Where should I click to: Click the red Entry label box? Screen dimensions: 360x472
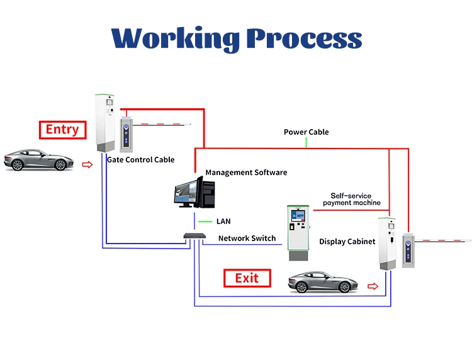pyautogui.click(x=62, y=130)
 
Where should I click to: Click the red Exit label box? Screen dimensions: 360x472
pyautogui.click(x=247, y=278)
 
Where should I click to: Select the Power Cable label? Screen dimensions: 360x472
pyautogui.click(x=306, y=132)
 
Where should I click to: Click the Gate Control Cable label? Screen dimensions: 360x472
pyautogui.click(x=140, y=160)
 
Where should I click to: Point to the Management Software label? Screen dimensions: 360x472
pyautogui.click(x=246, y=172)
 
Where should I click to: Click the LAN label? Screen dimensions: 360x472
pyautogui.click(x=223, y=222)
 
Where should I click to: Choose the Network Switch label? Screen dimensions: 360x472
pyautogui.click(x=247, y=239)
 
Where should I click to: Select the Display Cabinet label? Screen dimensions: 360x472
pyautogui.click(x=347, y=242)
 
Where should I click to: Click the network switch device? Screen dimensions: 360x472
pyautogui.click(x=195, y=237)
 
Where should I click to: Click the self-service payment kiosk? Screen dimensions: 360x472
pyautogui.click(x=298, y=230)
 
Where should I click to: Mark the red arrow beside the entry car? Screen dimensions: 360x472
pyautogui.click(x=87, y=165)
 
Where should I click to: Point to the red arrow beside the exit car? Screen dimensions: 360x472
pyautogui.click(x=373, y=286)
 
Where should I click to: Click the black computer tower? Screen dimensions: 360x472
pyautogui.click(x=206, y=193)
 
